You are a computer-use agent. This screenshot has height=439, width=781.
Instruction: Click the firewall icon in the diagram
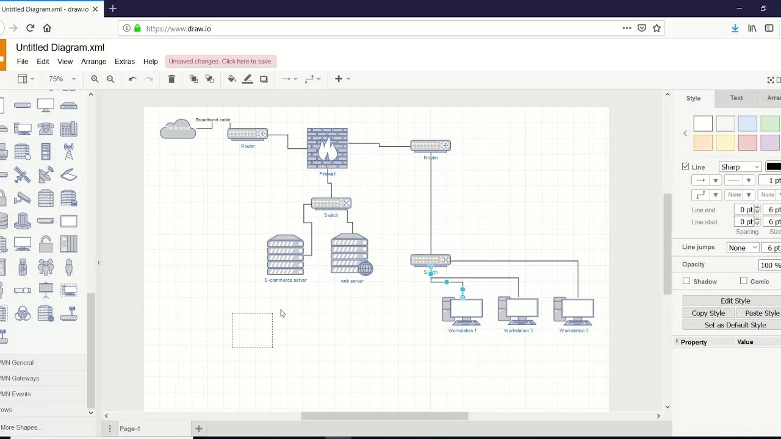(327, 148)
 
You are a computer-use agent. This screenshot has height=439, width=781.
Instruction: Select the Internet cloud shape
(178, 129)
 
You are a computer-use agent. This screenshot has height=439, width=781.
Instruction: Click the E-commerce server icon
(286, 255)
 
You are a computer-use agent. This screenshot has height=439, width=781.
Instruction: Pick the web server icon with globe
(351, 255)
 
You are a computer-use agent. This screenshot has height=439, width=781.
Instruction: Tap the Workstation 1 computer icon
(462, 311)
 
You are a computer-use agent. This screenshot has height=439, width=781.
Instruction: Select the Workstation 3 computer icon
(574, 311)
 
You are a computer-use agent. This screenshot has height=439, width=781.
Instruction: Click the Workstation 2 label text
(518, 330)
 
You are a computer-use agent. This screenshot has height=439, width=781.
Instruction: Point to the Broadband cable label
(213, 120)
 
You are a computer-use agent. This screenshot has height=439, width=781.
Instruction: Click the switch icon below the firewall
(331, 203)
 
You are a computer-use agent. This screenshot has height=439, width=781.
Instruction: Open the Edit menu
(43, 62)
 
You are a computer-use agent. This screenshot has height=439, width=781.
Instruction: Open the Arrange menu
(93, 62)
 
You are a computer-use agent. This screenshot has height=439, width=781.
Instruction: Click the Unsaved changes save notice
(220, 61)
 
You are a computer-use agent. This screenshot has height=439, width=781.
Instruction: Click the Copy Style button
(708, 313)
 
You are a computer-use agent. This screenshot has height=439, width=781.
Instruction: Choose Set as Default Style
(735, 325)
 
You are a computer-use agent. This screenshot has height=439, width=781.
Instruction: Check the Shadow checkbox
(686, 281)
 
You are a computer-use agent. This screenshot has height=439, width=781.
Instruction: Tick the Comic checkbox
(743, 281)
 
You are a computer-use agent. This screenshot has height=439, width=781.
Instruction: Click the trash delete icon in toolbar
(171, 79)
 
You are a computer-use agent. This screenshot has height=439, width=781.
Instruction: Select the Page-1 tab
(129, 429)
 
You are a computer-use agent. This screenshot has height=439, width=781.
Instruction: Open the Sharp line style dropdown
(740, 166)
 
